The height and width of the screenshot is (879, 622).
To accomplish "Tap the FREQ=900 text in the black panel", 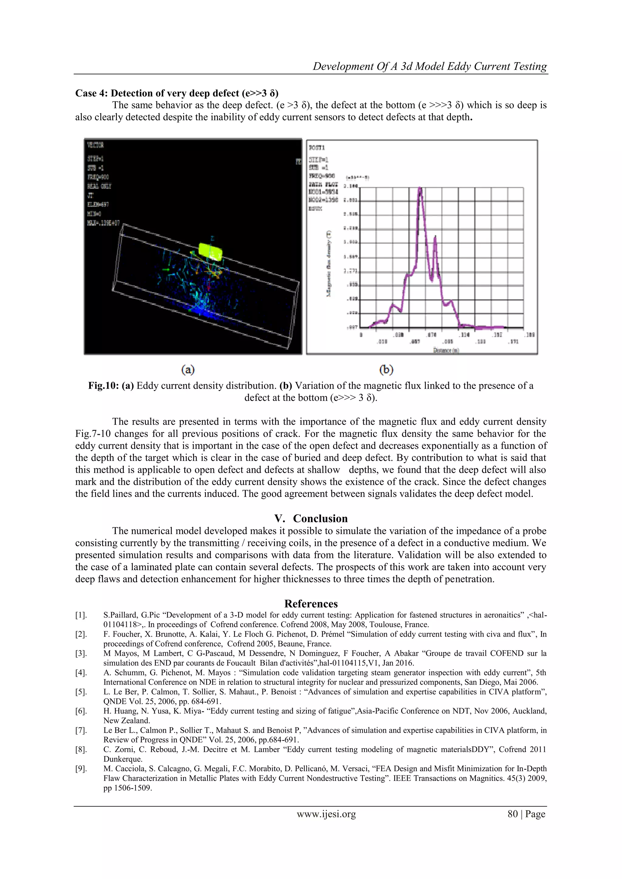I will (98, 177).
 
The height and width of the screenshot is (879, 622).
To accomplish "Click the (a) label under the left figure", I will (188, 370).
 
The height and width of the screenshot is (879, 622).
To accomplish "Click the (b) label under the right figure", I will (386, 370).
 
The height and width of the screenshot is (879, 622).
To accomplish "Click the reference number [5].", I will (81, 692).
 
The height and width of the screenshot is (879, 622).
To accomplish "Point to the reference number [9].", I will (81, 768).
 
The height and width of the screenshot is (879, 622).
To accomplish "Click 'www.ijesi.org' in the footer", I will (326, 814).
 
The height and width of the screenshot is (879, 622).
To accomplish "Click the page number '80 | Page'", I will (526, 814).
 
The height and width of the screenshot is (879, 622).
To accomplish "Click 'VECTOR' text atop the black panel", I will (95, 145).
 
